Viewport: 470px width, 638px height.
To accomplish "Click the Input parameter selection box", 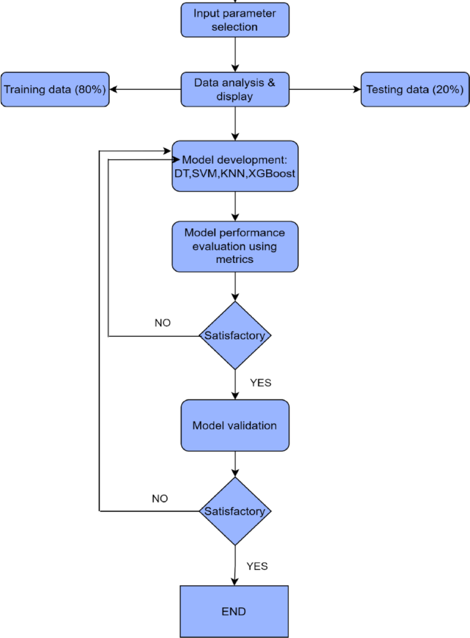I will (235, 20).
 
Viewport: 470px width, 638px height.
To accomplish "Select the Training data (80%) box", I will (55, 89).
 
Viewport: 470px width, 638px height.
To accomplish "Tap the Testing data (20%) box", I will (415, 89).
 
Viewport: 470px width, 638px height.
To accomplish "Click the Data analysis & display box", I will (235, 89).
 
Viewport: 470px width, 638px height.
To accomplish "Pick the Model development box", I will (235, 166).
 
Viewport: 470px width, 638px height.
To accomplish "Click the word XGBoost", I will (272, 173).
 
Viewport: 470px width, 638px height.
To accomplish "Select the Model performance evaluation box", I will (235, 246).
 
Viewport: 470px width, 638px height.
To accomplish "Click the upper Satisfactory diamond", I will (235, 335).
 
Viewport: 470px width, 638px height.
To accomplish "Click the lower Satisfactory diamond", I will (235, 511).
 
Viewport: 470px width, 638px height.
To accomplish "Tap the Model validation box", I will (235, 425).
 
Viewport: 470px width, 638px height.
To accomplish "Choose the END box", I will (234, 611).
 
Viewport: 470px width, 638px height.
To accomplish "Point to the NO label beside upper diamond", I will (162, 323).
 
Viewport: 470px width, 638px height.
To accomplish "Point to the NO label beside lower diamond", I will (160, 498).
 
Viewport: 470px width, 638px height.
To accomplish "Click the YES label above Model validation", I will (260, 383).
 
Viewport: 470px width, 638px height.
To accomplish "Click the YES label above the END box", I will (257, 566).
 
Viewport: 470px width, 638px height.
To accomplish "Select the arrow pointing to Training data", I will (144, 89).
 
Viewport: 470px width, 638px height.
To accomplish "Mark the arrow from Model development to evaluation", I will (235, 206).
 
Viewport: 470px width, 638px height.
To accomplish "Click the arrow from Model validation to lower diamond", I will (235, 464).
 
